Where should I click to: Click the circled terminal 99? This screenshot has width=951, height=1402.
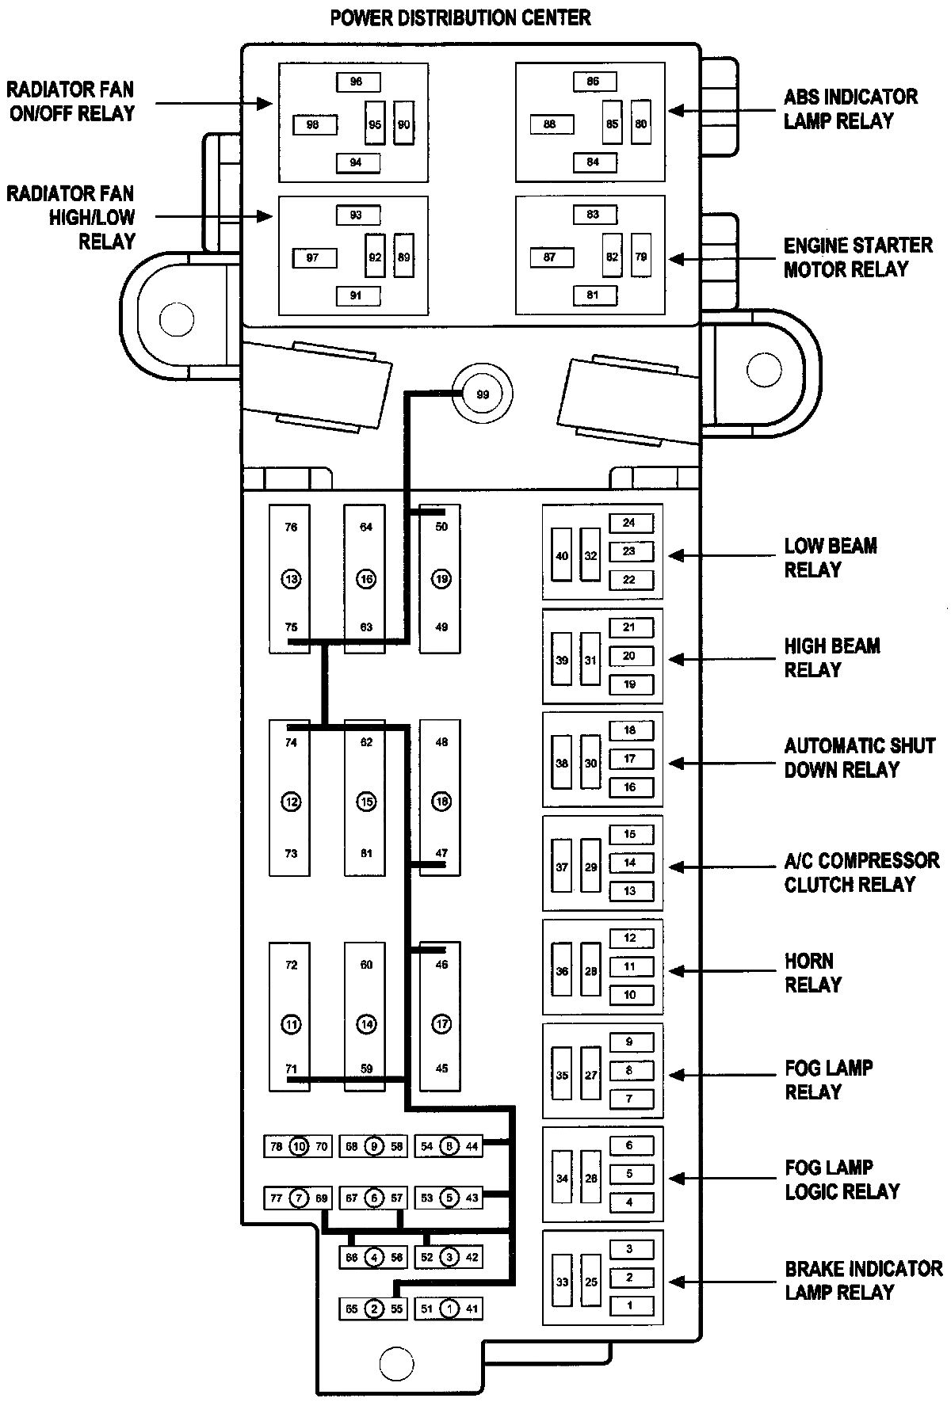(482, 394)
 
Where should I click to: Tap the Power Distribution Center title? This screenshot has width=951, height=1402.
(460, 17)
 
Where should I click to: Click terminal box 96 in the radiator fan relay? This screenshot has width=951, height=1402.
(356, 82)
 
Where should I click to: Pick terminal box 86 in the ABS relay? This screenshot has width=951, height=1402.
(593, 82)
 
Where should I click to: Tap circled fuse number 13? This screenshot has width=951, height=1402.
(291, 579)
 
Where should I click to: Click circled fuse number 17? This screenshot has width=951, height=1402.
(441, 1024)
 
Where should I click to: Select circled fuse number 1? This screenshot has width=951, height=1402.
(449, 1309)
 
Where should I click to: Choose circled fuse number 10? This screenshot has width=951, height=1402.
(298, 1146)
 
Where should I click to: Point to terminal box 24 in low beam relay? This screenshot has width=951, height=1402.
(629, 523)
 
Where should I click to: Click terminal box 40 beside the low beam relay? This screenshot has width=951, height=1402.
(562, 555)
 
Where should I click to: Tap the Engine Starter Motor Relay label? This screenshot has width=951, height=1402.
(857, 257)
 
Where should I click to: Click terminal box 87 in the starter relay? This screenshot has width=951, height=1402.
(549, 257)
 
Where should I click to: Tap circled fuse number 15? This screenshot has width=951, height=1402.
(366, 802)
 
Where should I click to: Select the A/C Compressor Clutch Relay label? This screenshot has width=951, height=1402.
(861, 872)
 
